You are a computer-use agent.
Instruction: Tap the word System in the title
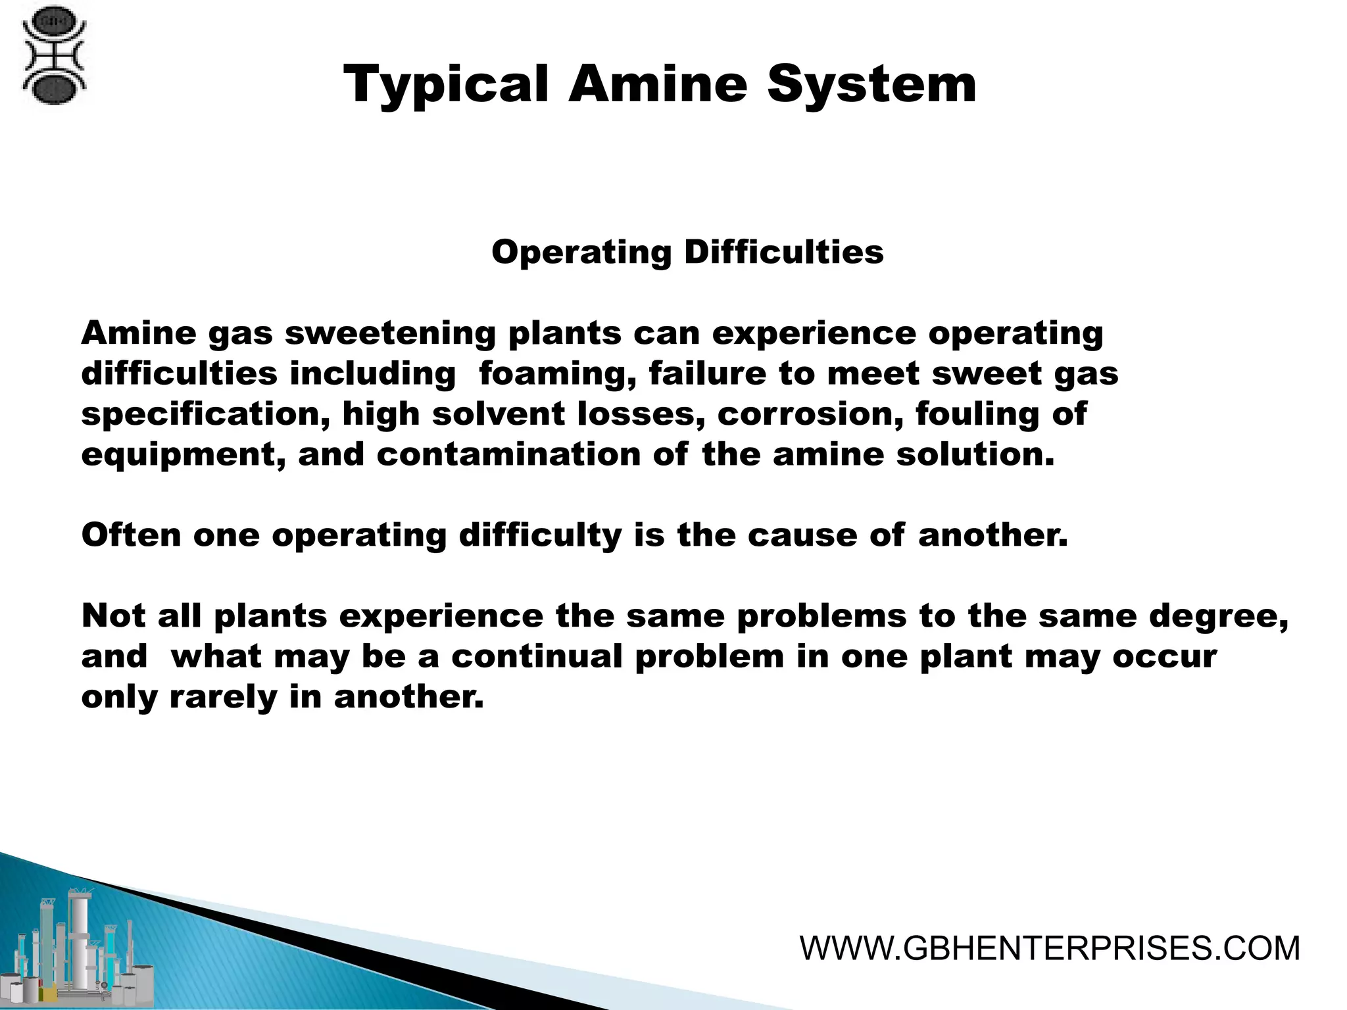pos(871,85)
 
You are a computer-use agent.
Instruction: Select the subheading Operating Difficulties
pos(687,252)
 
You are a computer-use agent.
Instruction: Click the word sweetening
pos(390,334)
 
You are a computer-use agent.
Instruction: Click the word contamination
pos(508,455)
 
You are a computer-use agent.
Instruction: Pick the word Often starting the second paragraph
pos(131,535)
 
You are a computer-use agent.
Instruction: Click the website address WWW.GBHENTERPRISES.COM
pos(1050,949)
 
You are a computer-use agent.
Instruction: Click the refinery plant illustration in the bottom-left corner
pos(79,947)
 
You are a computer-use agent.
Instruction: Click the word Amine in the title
pos(658,85)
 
